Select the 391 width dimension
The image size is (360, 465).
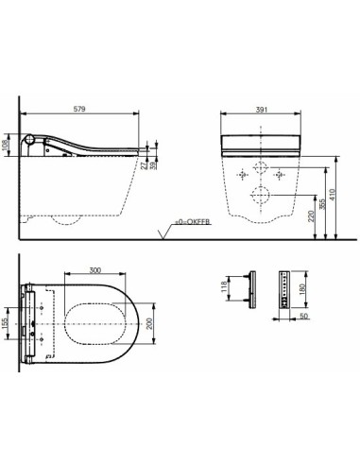click(261, 111)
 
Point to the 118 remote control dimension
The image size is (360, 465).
click(223, 287)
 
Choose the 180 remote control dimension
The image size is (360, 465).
click(301, 287)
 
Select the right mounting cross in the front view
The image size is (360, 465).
click(280, 176)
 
